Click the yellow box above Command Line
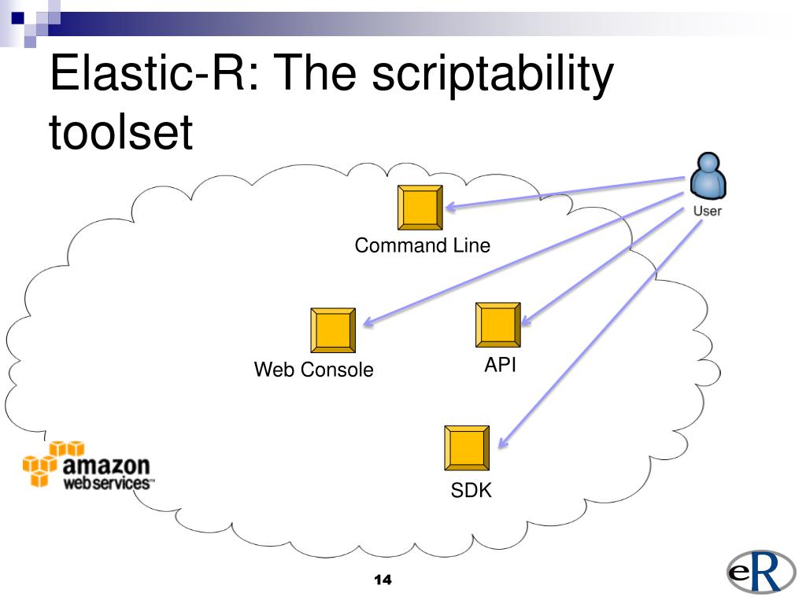(420, 207)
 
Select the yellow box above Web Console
(332, 330)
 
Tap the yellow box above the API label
(498, 324)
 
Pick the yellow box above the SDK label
(467, 448)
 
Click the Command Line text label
(422, 245)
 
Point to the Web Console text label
(313, 370)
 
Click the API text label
(500, 364)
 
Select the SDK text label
(471, 491)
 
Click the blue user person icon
(707, 177)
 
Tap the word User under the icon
(707, 211)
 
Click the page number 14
(383, 580)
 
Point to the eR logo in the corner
(756, 576)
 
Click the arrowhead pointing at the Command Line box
(452, 208)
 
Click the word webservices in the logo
(108, 483)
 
